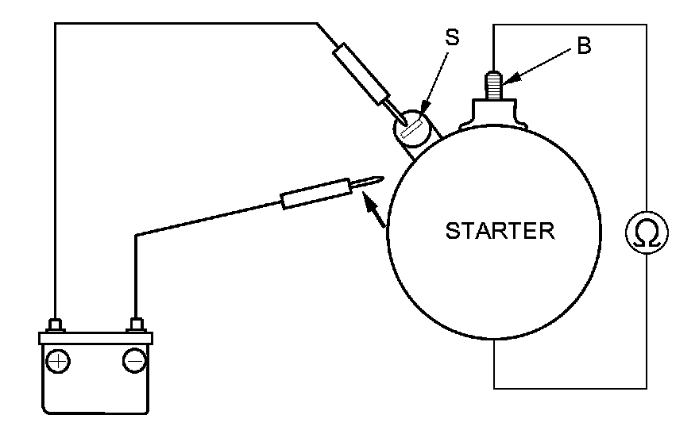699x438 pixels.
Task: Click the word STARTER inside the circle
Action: pos(500,232)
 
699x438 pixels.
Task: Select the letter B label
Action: pos(584,46)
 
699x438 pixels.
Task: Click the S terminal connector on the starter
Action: pos(413,128)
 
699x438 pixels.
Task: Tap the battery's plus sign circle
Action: pos(58,362)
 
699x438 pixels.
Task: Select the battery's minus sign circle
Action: pos(133,362)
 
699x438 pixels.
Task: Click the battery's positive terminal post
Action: pos(56,325)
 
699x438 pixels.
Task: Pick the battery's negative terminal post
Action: pos(135,325)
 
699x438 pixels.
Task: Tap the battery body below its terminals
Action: pos(95,389)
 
